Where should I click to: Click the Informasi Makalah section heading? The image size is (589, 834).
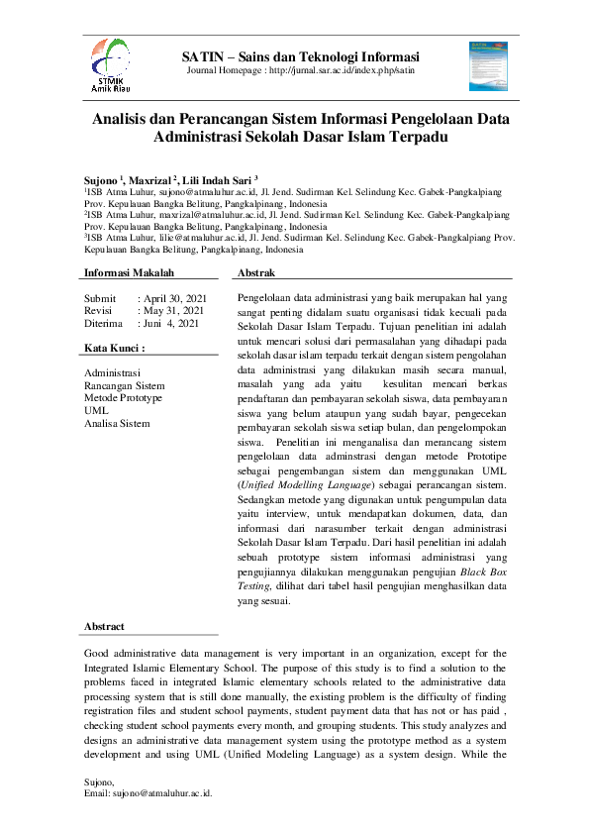[129, 272]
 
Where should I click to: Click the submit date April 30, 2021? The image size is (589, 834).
[174, 297]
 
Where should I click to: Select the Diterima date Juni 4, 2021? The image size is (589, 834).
[170, 323]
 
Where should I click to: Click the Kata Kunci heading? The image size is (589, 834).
[115, 349]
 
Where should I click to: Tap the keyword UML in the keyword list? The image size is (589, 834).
[96, 410]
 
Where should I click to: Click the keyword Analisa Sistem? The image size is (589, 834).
[118, 423]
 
